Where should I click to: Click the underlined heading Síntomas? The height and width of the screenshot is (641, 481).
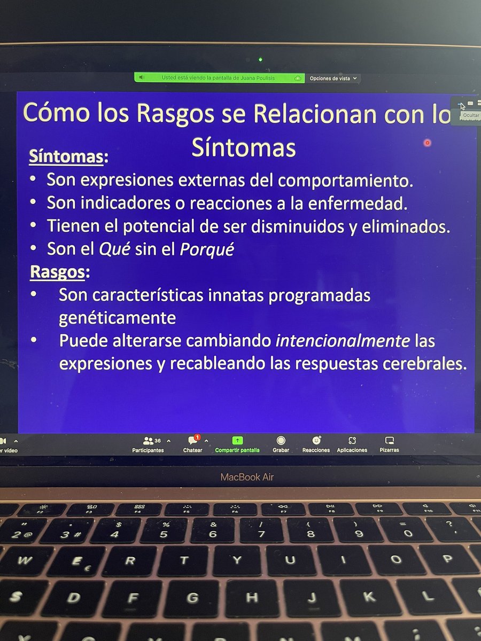point(67,157)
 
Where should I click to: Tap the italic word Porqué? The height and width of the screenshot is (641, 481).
point(207,249)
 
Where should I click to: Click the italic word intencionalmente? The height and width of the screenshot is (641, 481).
point(342,340)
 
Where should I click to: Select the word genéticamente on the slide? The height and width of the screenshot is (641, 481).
point(118,318)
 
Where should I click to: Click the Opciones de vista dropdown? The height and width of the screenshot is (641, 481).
point(332,78)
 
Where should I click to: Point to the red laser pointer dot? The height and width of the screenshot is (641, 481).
point(427,143)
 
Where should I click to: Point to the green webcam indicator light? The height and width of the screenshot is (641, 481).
point(260,59)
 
